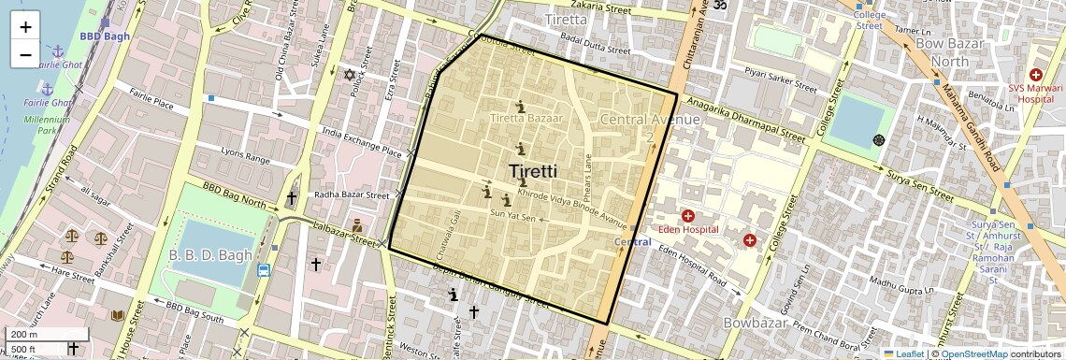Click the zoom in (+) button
[25, 27]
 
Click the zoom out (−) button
[25, 54]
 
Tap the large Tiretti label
[533, 171]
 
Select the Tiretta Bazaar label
[527, 119]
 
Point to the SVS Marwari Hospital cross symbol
[1035, 74]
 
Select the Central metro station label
[632, 242]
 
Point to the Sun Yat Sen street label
[513, 218]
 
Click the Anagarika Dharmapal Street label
[745, 119]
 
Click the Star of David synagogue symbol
[351, 74]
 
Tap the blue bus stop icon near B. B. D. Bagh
[264, 271]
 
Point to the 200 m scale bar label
[24, 334]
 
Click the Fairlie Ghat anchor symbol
[57, 50]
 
